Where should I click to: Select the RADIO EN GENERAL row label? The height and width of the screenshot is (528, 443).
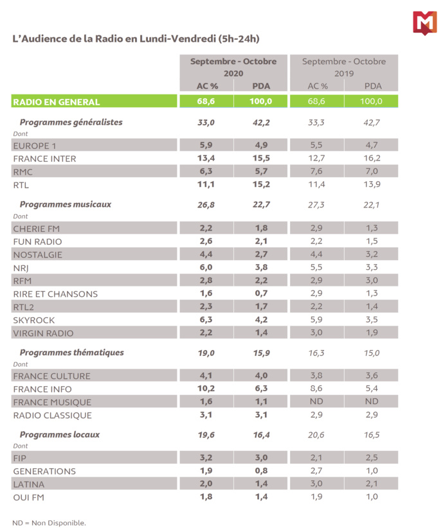tap(57, 101)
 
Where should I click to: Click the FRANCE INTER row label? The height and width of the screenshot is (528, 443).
tap(44, 159)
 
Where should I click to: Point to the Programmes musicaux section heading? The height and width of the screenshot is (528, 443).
tap(65, 204)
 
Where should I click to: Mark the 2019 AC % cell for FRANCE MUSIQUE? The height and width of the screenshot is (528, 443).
tap(317, 402)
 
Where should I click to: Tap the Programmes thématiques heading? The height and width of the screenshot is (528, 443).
tap(71, 353)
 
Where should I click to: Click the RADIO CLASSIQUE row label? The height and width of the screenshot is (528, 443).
tap(53, 416)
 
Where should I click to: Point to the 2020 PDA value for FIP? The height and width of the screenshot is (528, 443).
tap(261, 458)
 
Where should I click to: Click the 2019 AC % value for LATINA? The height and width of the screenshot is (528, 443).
tap(317, 484)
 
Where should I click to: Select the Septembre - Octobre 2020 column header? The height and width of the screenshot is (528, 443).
tap(233, 67)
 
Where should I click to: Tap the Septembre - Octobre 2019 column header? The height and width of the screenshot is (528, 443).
tap(344, 67)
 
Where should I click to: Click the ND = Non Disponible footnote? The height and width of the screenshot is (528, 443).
tap(49, 522)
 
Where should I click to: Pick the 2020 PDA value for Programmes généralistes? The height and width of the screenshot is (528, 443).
tap(261, 121)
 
